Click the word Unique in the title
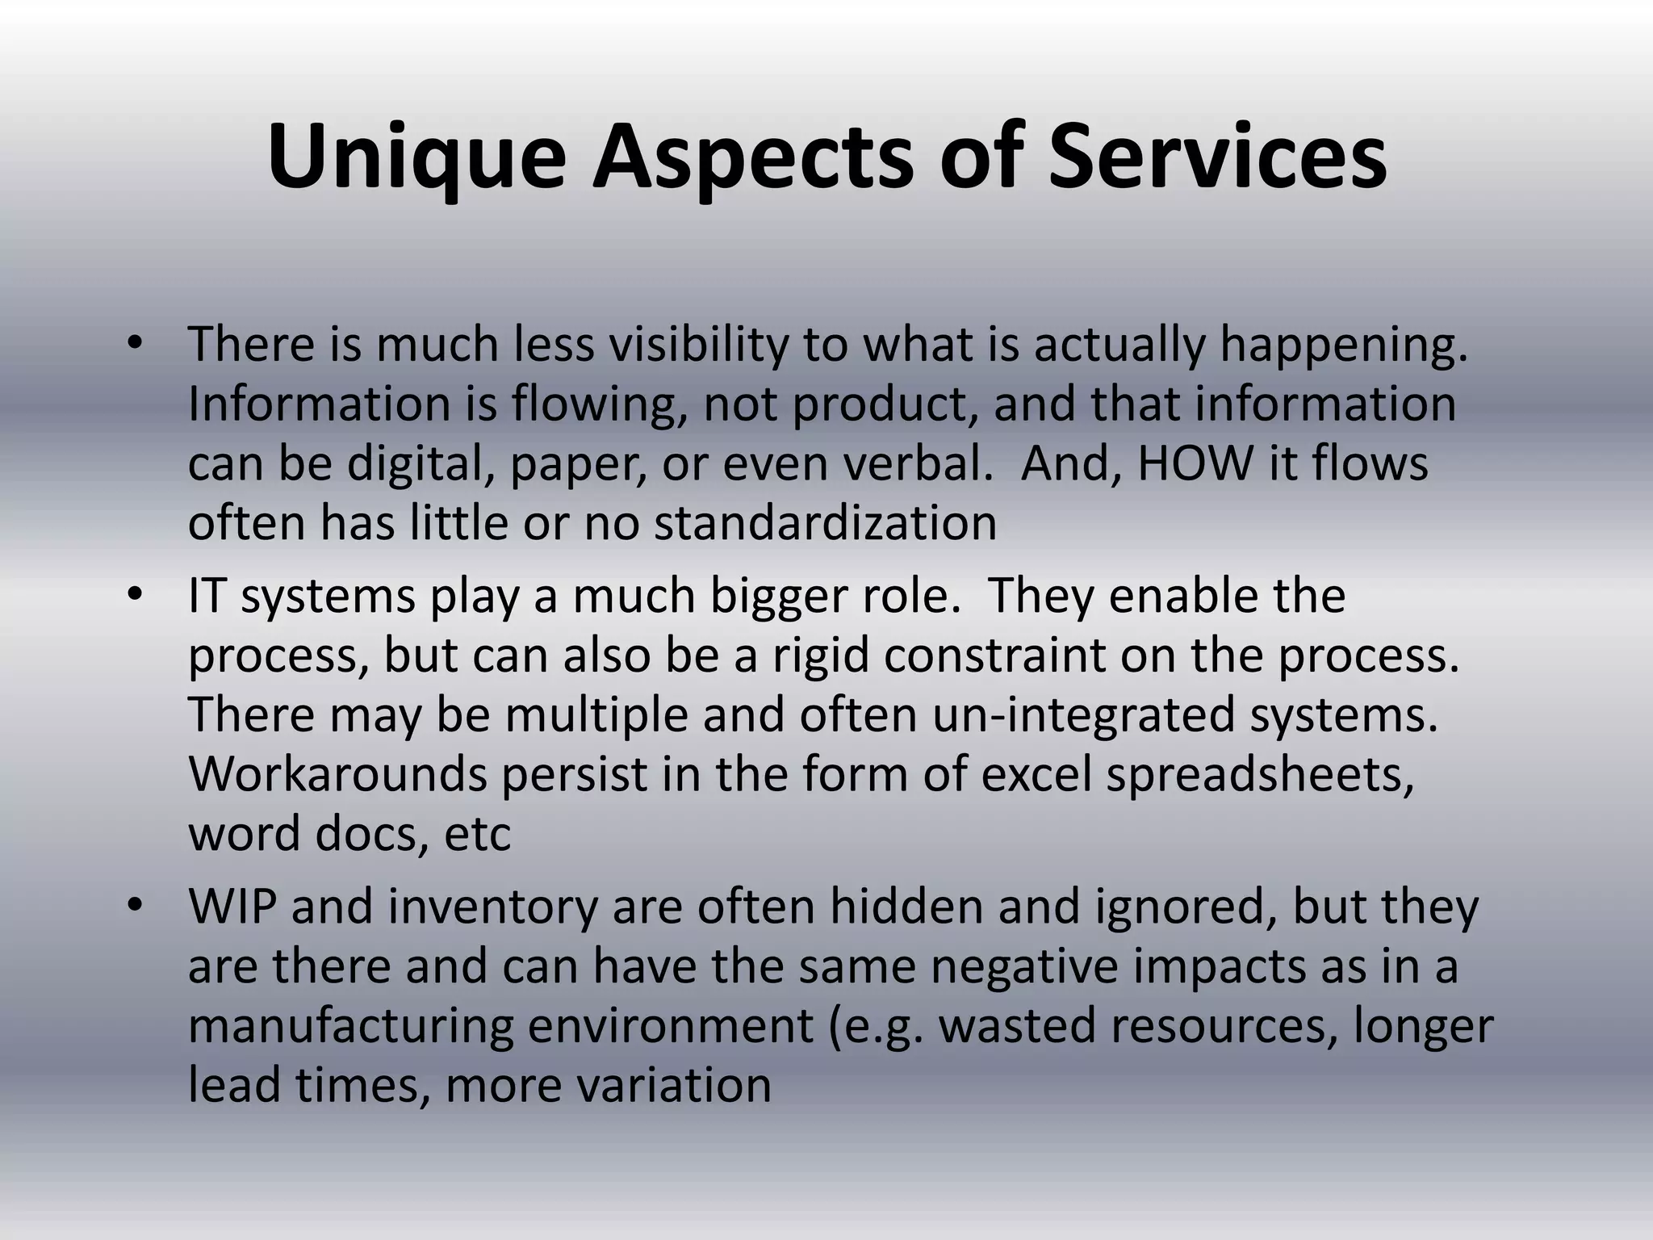pos(416,157)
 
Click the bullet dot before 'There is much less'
pos(134,344)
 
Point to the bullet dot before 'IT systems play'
pos(134,596)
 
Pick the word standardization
pos(825,523)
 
